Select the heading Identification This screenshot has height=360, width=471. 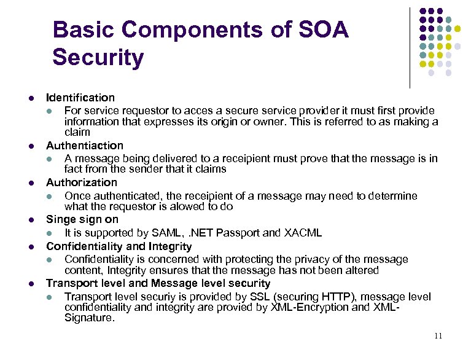pos(80,97)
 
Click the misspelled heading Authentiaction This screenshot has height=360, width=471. pos(85,146)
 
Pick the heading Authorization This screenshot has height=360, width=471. pos(82,182)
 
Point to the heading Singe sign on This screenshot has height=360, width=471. pos(82,219)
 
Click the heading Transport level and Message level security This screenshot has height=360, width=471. pos(158,283)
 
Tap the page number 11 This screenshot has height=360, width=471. pos(437,335)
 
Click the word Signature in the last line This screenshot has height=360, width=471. pos(90,318)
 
